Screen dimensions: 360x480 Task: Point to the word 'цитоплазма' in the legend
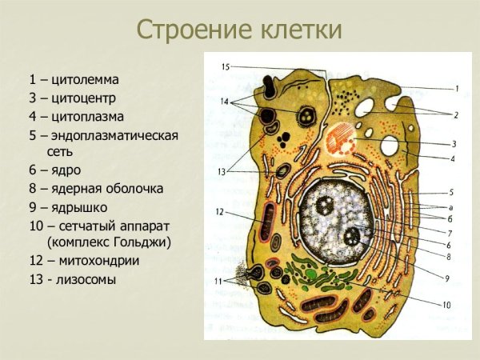(x=90, y=116)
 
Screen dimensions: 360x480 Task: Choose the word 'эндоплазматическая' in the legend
(x=115, y=134)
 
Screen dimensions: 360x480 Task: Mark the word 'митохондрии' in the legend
(x=96, y=261)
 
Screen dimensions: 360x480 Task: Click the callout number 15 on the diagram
(x=226, y=66)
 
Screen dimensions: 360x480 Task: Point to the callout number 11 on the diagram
(x=219, y=281)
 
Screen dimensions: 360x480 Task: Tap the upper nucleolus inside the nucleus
(x=326, y=204)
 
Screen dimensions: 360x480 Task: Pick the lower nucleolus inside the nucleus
(x=354, y=237)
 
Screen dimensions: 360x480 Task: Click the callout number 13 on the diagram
(x=222, y=170)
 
